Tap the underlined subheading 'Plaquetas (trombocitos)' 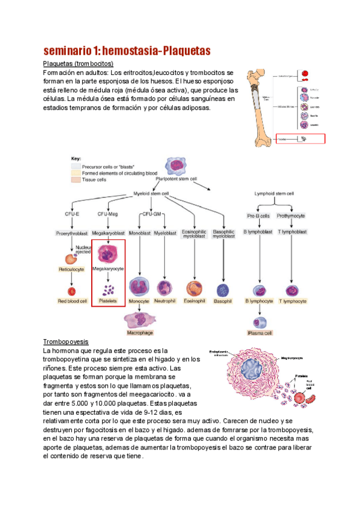pyautogui.click(x=78, y=64)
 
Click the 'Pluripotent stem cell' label pyautogui.click(x=179, y=178)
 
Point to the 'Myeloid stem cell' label pyautogui.click(x=151, y=193)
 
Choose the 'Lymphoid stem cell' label pyautogui.click(x=275, y=193)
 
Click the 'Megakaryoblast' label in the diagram pyautogui.click(x=108, y=232)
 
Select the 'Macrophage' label pyautogui.click(x=139, y=332)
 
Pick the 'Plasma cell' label pyautogui.click(x=260, y=333)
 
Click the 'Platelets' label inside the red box pyautogui.click(x=108, y=300)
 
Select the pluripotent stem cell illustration pyautogui.click(x=179, y=164)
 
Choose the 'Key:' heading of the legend pyautogui.click(x=76, y=158)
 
